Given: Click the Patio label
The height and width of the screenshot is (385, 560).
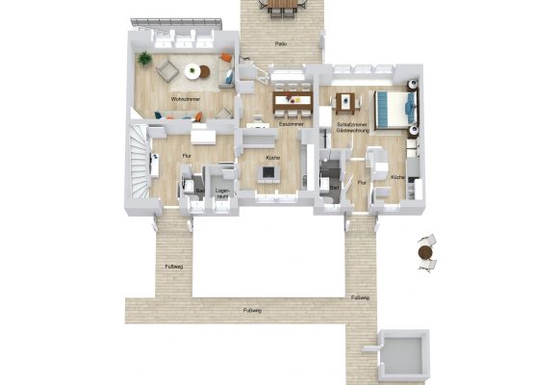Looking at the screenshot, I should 281,44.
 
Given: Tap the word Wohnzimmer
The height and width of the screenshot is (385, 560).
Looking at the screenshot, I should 186,99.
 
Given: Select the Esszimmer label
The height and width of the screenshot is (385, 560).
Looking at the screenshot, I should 292,124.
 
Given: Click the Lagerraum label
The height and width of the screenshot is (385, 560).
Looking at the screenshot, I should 222,194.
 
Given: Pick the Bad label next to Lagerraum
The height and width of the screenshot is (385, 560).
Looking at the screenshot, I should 199,191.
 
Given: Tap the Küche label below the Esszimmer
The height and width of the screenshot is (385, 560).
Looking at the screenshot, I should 272,156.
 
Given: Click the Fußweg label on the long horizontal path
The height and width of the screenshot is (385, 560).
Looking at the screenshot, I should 252,310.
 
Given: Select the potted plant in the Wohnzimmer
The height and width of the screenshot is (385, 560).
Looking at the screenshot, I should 144,58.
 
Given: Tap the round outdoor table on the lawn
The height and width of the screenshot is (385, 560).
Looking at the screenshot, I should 425,251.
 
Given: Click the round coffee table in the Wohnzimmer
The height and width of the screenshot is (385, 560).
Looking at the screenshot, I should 193,70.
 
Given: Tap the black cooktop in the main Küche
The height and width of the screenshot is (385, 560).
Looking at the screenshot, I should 268,173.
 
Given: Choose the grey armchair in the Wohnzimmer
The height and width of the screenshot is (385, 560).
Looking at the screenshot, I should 167,69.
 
